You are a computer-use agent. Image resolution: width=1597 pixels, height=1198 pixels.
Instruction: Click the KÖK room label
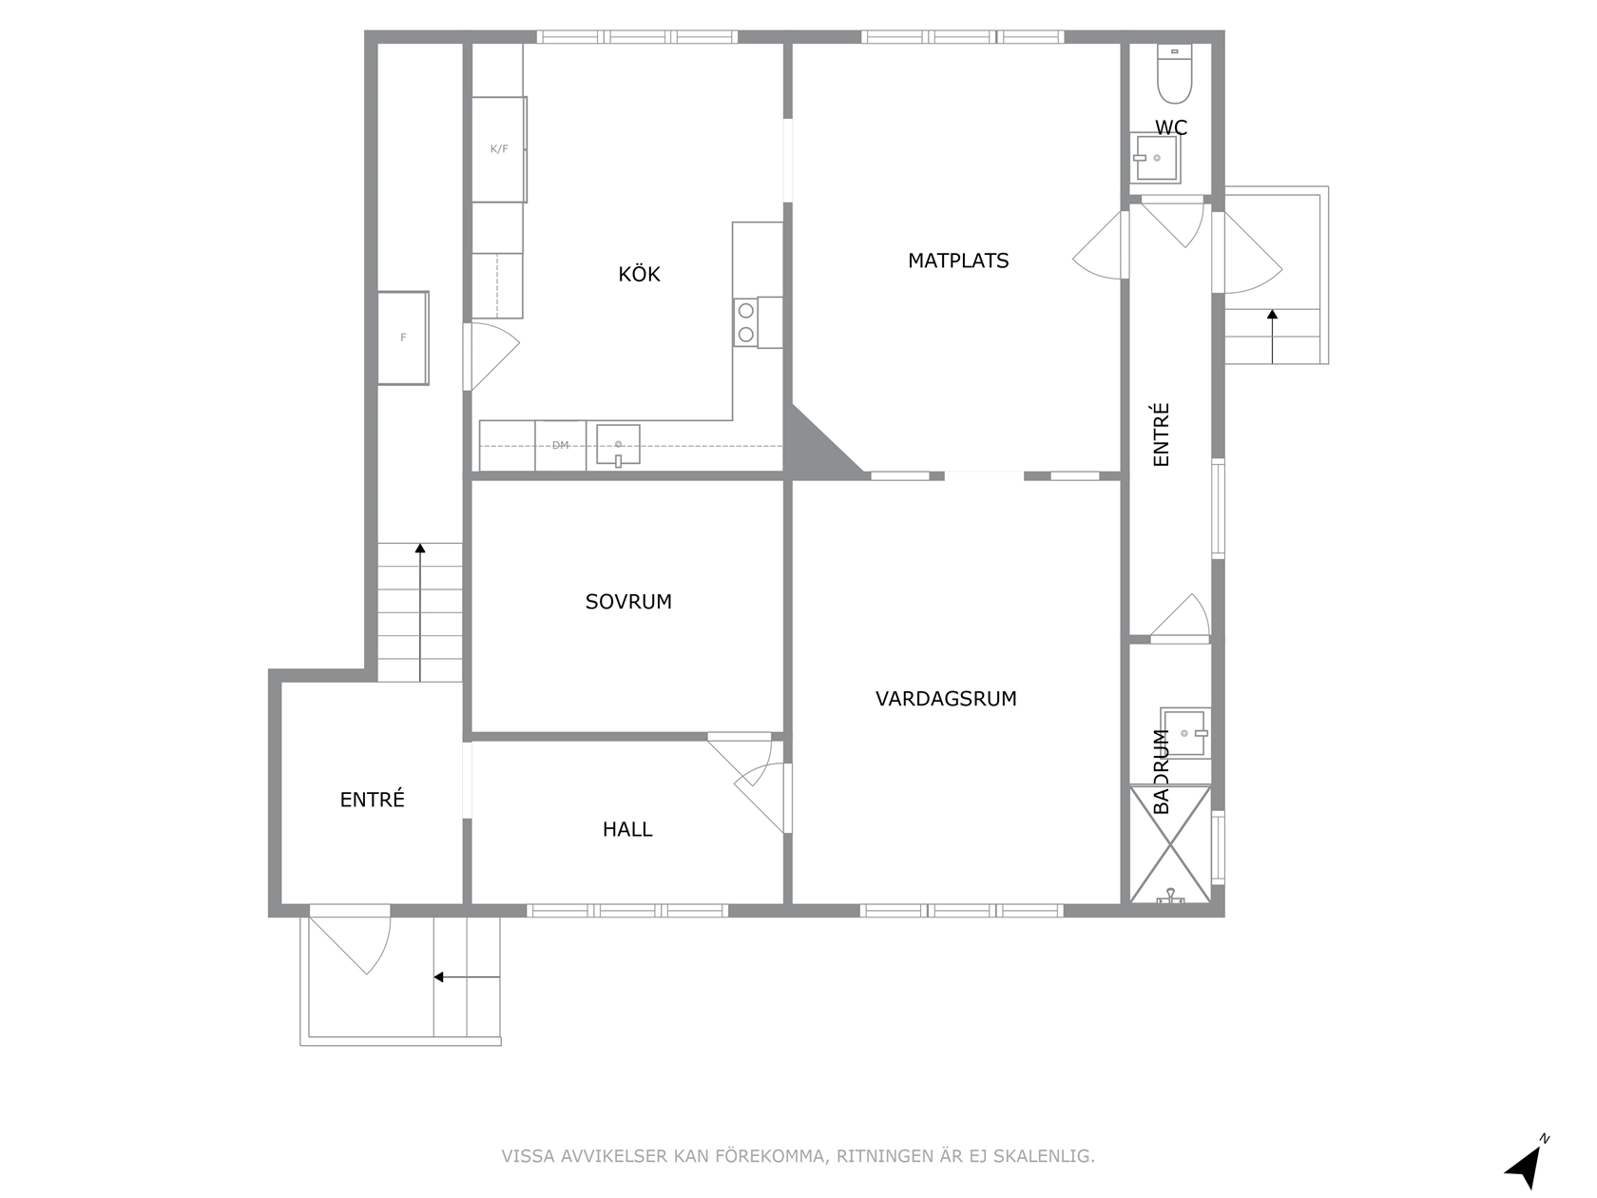click(639, 274)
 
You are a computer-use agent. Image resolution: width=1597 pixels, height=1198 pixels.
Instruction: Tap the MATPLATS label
click(957, 261)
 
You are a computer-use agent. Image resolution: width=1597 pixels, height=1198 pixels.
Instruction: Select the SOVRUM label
click(628, 602)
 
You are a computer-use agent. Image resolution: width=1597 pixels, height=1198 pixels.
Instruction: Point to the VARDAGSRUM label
click(946, 698)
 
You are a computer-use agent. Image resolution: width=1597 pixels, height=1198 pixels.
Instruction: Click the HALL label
click(627, 829)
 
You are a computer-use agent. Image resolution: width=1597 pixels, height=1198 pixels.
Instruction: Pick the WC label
click(1170, 127)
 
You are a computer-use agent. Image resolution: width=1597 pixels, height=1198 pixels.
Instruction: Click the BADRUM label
click(1162, 771)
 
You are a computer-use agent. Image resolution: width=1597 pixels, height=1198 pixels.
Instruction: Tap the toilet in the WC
click(1174, 73)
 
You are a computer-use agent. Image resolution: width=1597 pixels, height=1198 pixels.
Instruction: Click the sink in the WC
click(1155, 158)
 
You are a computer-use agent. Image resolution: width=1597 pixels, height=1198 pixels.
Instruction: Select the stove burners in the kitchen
click(746, 322)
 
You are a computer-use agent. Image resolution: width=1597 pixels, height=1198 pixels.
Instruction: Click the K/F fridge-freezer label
click(499, 149)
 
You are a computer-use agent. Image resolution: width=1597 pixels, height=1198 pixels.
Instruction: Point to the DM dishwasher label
click(560, 445)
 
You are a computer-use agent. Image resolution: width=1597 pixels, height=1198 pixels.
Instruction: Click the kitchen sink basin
click(619, 444)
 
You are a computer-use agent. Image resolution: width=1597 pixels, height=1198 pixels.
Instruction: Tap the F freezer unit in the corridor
click(403, 338)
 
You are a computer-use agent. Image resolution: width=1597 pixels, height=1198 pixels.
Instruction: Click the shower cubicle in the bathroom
click(1170, 844)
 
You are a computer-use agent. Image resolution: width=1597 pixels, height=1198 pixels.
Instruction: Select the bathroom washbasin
click(1185, 732)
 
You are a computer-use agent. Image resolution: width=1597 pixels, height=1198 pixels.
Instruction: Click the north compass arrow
click(1526, 1168)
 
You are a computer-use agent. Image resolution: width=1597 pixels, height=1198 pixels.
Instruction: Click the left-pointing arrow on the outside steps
click(467, 976)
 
